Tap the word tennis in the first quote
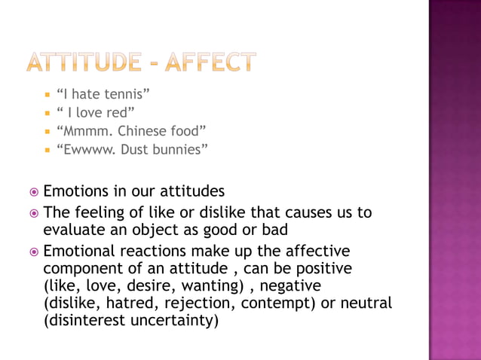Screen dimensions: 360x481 click(x=129, y=94)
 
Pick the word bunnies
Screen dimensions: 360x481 click(x=176, y=149)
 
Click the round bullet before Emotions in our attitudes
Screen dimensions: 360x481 click(x=33, y=190)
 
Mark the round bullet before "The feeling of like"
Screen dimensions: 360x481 click(x=33, y=213)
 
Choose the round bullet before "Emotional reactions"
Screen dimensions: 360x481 click(x=33, y=252)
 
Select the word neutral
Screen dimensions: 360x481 click(x=366, y=304)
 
